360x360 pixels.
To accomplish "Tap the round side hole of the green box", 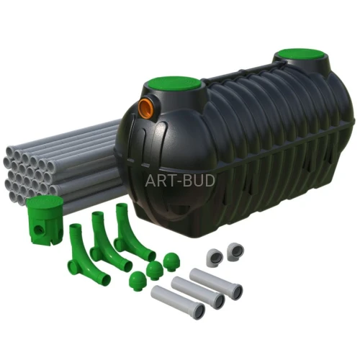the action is pyautogui.click(x=37, y=230).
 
